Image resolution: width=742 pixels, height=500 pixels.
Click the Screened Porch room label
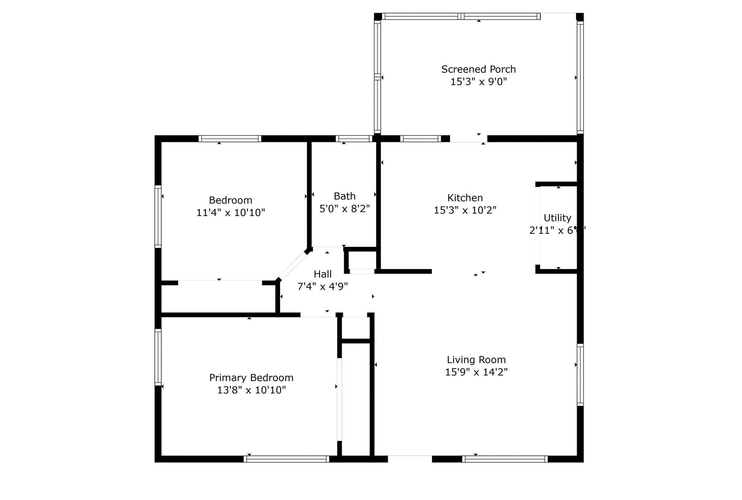pyautogui.click(x=478, y=69)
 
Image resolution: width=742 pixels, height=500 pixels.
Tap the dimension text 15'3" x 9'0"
pyautogui.click(x=478, y=82)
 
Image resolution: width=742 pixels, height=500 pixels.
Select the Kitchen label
pyautogui.click(x=465, y=198)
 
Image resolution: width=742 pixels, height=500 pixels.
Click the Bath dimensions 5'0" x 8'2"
pyautogui.click(x=344, y=209)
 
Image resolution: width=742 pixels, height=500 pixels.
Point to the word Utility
pyautogui.click(x=557, y=218)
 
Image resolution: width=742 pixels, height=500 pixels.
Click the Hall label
pyautogui.click(x=322, y=274)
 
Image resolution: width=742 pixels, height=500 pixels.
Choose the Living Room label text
pyautogui.click(x=476, y=360)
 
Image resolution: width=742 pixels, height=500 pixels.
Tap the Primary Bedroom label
pyautogui.click(x=251, y=378)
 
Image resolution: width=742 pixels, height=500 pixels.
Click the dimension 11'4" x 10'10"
pyautogui.click(x=230, y=212)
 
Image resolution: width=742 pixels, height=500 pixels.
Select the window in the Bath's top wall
pyautogui.click(x=354, y=139)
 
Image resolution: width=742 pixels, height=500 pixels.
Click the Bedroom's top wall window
pyautogui.click(x=230, y=139)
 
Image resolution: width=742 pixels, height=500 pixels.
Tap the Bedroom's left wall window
pyautogui.click(x=158, y=216)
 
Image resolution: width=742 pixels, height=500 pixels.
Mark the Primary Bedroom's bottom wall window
pyautogui.click(x=286, y=459)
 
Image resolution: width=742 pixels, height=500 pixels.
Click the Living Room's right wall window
pyautogui.click(x=580, y=374)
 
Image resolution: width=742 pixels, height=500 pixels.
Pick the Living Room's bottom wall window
pyautogui.click(x=505, y=459)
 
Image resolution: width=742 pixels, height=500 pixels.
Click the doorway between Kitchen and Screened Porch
pyautogui.click(x=468, y=139)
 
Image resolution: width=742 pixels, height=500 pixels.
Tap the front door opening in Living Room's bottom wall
pyautogui.click(x=410, y=459)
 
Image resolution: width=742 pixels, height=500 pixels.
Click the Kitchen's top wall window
pyautogui.click(x=421, y=139)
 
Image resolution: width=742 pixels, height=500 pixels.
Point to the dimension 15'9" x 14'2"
pyautogui.click(x=476, y=372)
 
